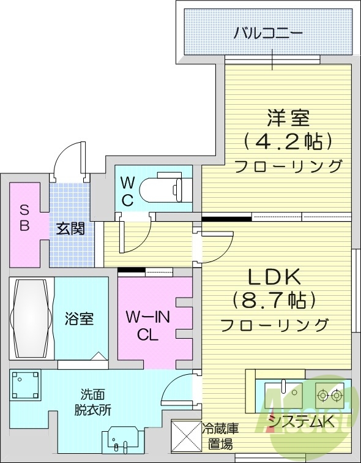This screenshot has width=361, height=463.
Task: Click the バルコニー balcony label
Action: (267, 32)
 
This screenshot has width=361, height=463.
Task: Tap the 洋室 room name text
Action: (288, 117)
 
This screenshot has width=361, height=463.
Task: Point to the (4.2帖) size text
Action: (288, 141)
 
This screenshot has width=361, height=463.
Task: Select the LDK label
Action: (275, 277)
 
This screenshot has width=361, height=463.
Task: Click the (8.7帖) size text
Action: (274, 300)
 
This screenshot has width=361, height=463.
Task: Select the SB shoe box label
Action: (24, 217)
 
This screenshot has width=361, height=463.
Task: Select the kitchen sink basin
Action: (288, 390)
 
